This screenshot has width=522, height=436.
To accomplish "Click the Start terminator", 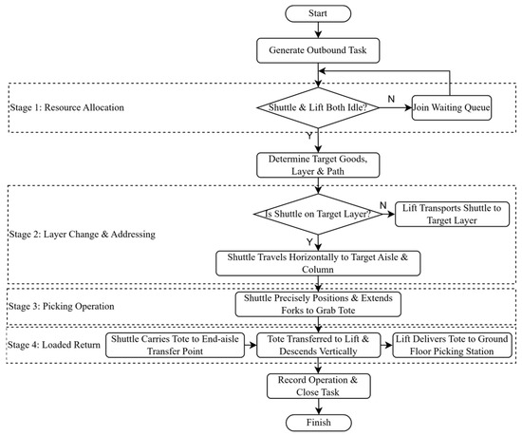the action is pos(318,13).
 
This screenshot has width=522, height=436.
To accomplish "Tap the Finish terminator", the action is pos(319,423).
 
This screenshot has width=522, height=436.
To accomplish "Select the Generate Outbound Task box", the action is pos(318,50).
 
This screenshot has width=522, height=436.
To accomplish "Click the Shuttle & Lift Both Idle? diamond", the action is pos(318,107).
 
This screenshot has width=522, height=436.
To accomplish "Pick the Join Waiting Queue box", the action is pos(452,108).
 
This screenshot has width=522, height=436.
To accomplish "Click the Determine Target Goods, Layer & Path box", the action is pos(318,165).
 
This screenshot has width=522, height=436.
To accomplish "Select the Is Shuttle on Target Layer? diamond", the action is pos(318,214).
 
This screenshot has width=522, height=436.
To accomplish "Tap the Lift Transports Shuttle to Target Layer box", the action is pos(452,214).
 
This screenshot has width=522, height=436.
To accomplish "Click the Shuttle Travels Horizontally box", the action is pos(318,263).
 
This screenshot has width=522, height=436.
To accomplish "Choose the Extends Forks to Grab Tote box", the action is pos(318,304).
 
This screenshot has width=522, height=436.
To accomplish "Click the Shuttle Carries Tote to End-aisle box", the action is pos(176,345).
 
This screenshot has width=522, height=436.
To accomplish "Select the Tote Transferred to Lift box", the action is pos(318,345).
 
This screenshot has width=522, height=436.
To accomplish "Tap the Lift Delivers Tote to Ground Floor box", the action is pos(452,345).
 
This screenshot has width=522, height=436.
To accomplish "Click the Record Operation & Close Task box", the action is pos(319,386).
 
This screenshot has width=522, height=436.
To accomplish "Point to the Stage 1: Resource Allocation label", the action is pos(67,107).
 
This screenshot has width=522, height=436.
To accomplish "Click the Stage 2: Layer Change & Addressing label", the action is pos(83,235).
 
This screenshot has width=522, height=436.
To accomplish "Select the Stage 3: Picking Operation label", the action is pos(62,306).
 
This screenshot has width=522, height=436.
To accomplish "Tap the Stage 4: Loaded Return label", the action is pos(54,345).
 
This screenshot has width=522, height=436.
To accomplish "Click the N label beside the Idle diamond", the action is pos(391,99).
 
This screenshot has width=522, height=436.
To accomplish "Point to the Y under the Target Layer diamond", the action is pos(309,242).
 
